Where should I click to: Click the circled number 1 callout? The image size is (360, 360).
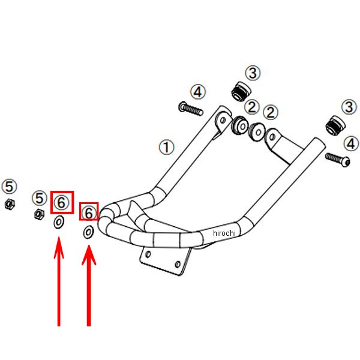tap(166, 147)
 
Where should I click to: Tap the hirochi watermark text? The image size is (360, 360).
tap(226, 233)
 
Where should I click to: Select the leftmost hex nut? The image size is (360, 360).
tap(9, 204)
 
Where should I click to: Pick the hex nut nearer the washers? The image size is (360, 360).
tap(38, 214)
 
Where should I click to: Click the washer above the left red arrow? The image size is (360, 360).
tap(59, 223)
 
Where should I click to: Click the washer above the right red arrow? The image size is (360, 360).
tap(89, 232)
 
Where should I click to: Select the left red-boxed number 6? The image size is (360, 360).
tap(62, 202)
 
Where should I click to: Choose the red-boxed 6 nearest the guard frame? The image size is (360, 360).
tap(89, 212)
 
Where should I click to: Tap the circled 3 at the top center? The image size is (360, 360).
tap(253, 73)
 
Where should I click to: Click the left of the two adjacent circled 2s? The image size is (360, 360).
tap(251, 108)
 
